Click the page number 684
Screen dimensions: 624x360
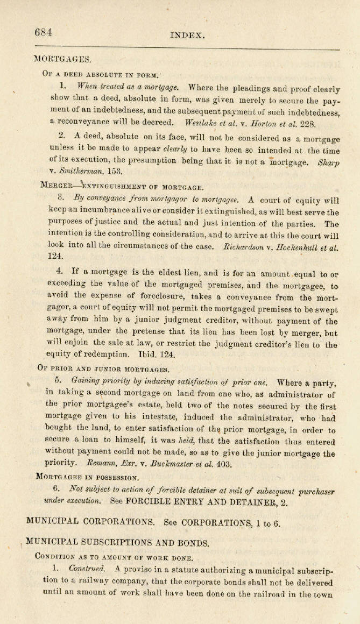(44, 32)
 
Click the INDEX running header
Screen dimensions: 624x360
(188, 36)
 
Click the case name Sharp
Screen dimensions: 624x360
(329, 161)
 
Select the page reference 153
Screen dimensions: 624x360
(114, 172)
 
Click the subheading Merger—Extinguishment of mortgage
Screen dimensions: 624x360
(122, 187)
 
